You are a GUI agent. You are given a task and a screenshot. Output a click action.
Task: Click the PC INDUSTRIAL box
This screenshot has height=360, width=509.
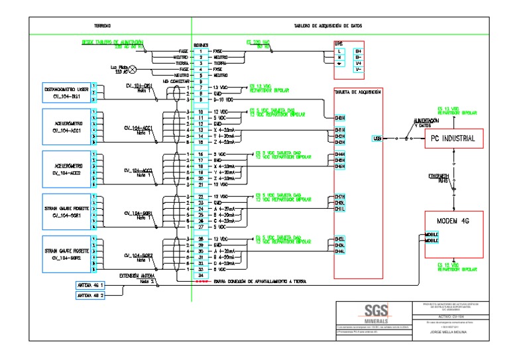tap(454, 138)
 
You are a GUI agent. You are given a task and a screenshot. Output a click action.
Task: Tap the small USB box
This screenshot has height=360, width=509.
tap(377, 139)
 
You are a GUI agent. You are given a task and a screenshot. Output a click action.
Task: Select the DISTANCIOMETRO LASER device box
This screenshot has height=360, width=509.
tap(66, 92)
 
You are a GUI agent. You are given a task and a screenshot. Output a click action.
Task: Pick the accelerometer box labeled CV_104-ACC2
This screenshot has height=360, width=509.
tap(66, 169)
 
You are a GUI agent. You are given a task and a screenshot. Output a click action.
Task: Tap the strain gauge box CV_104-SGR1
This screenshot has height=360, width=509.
tap(66, 211)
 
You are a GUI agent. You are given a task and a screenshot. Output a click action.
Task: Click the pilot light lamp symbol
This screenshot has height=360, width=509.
tap(131, 69)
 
